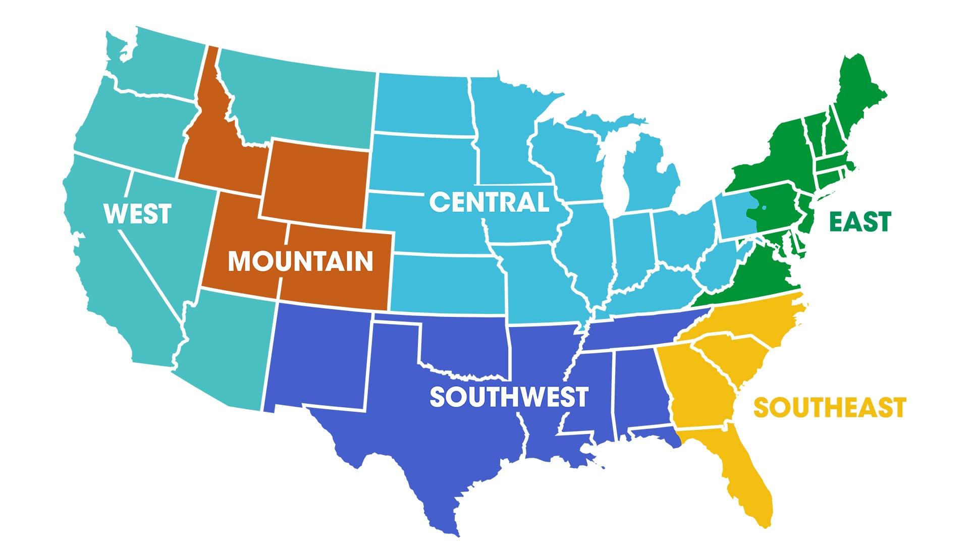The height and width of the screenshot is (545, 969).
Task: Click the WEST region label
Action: pyautogui.click(x=137, y=213)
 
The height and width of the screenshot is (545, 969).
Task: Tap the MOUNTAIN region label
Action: pyautogui.click(x=300, y=261)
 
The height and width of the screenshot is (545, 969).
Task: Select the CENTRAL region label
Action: pyautogui.click(x=489, y=202)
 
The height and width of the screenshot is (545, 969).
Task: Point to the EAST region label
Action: pyautogui.click(x=860, y=222)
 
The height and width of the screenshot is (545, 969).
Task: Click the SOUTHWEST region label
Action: pyautogui.click(x=509, y=397)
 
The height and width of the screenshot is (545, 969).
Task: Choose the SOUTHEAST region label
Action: pyautogui.click(x=830, y=408)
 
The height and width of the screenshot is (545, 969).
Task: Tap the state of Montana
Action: pyautogui.click(x=298, y=101)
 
